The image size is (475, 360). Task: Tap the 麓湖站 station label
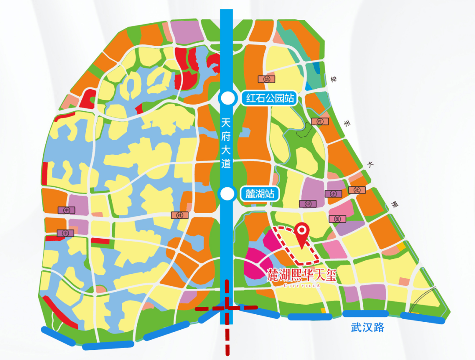(260, 193)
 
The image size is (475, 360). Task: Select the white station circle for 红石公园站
(227, 98)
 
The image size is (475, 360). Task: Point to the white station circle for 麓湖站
(227, 193)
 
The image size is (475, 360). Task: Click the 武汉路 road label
(368, 327)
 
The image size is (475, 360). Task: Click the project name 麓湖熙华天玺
(302, 276)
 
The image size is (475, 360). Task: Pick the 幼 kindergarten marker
(267, 79)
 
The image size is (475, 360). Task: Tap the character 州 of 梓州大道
(348, 124)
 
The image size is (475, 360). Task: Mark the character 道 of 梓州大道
(395, 204)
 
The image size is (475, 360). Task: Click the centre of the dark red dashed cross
(227, 308)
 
